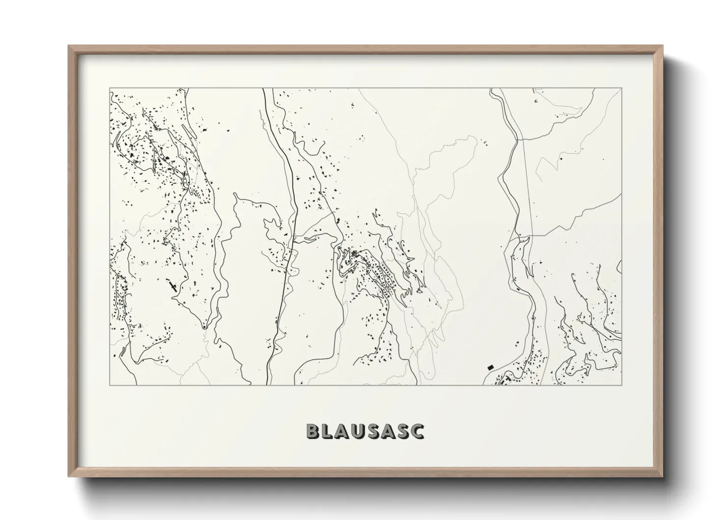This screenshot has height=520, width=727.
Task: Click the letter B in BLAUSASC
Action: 313,431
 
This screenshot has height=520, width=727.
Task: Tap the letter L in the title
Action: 328,431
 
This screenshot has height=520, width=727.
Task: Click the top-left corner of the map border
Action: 110,88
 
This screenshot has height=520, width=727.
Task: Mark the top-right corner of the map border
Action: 621,88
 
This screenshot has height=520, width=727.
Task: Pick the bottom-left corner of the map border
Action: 110,385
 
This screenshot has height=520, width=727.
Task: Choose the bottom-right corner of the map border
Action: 621,385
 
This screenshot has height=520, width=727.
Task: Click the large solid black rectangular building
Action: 489,367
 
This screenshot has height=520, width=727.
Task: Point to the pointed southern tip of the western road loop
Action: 204,326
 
